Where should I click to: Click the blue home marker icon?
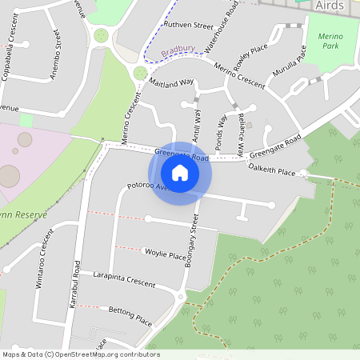tap(180, 173)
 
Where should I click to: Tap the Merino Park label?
tap(330, 42)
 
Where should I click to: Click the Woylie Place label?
tap(165, 255)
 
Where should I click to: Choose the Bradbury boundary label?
tap(178, 50)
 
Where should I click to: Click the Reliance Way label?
tap(240, 129)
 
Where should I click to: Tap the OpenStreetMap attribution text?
tap(80, 354)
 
